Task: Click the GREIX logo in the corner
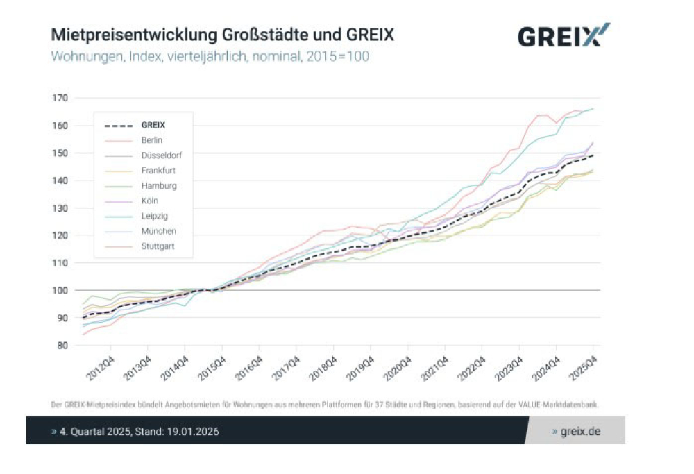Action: (x=564, y=35)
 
